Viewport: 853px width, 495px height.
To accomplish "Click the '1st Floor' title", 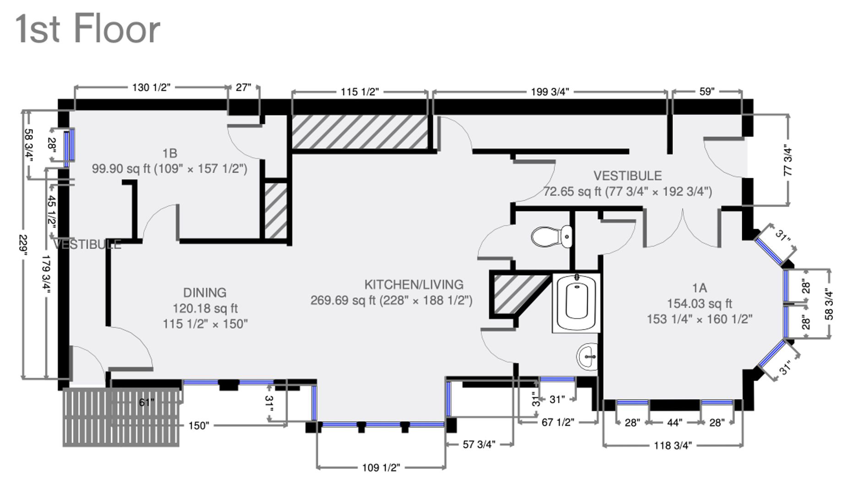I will pos(88,29).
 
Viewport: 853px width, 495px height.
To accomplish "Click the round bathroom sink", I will pos(587,356).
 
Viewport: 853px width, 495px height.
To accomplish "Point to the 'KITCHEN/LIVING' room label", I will pos(414,285).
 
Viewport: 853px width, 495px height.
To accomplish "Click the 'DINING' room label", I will pos(205,292).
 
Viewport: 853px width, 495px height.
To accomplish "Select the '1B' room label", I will pos(170,153).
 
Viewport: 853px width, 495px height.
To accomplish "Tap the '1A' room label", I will pos(699,288).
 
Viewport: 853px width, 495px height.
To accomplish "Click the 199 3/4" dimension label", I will pos(550,92).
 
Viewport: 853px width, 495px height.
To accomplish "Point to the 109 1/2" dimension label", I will pos(381,467).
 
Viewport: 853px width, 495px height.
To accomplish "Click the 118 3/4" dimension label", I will pos(673,445).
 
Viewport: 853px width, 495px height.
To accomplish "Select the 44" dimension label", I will pos(674,423).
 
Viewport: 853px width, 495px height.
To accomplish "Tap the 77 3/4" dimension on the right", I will pos(788,160).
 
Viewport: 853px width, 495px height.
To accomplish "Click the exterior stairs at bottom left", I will pos(120,417).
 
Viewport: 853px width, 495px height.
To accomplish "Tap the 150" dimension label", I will pos(198,426).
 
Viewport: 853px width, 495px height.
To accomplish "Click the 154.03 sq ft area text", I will pos(699,303).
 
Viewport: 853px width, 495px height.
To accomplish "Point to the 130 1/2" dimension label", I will pos(151,87).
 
